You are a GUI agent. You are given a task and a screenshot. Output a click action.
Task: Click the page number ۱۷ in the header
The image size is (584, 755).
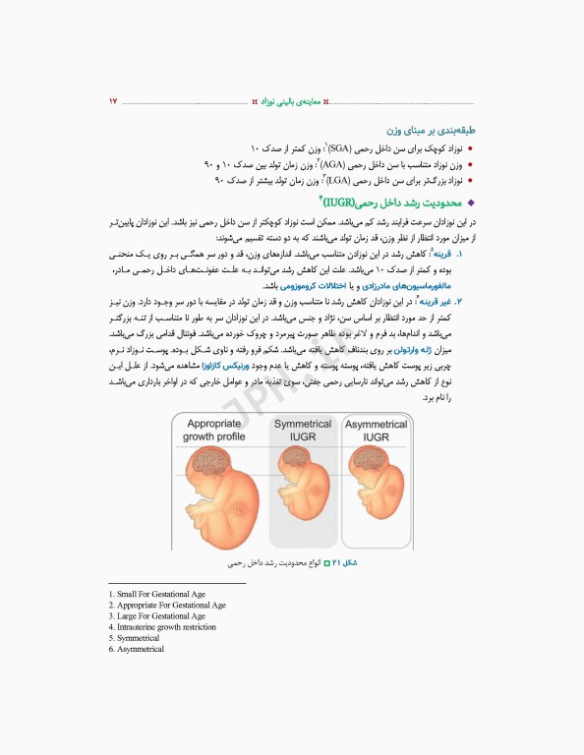pyautogui.click(x=113, y=101)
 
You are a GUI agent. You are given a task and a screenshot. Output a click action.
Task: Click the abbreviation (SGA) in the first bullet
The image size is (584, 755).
pyautogui.click(x=342, y=147)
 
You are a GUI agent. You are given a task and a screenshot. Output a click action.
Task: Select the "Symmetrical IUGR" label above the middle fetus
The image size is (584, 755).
pyautogui.click(x=303, y=430)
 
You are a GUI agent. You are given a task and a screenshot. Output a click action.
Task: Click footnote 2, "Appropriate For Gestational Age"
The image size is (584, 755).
pyautogui.click(x=167, y=606)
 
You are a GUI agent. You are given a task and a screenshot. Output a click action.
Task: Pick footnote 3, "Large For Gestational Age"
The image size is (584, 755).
pyautogui.click(x=157, y=616)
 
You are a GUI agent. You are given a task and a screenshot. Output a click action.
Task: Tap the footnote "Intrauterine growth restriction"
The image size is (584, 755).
pyautogui.click(x=163, y=627)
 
